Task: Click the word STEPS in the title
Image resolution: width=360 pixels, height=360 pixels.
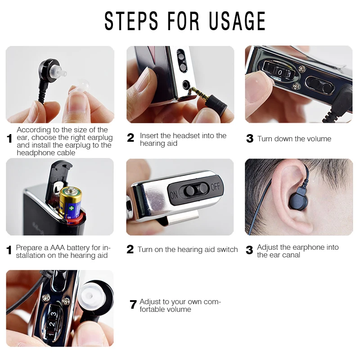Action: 131,21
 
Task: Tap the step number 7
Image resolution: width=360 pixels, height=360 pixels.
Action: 133,305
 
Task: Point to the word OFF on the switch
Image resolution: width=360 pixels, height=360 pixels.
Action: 215,186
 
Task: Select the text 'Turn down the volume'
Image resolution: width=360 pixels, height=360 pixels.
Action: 294,139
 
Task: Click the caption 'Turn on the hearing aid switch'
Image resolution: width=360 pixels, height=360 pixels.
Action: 188,249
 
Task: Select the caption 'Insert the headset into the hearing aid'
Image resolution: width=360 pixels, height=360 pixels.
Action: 183,139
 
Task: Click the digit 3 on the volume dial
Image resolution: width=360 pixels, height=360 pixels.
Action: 53,314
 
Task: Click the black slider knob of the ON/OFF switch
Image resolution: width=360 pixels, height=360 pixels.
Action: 190,190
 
